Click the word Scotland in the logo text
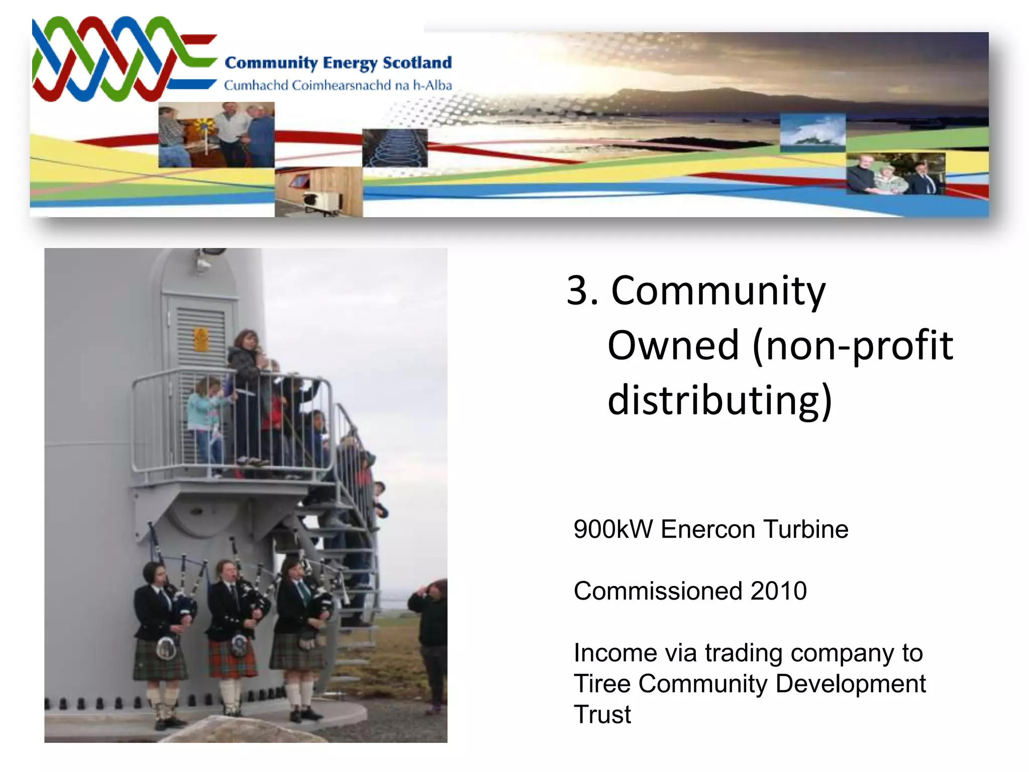[x=417, y=63]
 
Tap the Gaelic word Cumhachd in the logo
[x=256, y=85]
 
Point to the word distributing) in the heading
[x=719, y=401]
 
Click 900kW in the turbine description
[x=613, y=529]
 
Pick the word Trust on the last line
[x=602, y=715]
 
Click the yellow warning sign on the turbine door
[x=200, y=340]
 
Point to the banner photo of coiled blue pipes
[x=395, y=148]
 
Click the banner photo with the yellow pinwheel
[x=216, y=135]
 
